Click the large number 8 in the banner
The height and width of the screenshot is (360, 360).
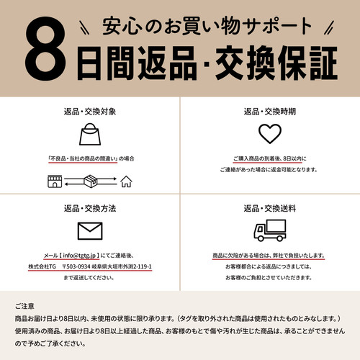point(45,48)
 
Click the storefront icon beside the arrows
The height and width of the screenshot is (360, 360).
point(55,181)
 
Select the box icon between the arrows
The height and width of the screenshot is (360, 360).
point(91,181)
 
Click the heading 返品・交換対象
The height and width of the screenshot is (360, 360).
point(90,112)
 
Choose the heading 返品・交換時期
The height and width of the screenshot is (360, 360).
point(270,112)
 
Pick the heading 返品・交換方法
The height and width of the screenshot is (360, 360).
point(90,208)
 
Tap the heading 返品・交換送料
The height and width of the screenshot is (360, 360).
point(270,208)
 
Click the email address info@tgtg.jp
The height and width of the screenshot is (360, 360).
point(79,256)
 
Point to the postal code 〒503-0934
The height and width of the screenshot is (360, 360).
point(76,266)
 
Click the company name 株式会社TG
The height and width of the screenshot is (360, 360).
point(42,266)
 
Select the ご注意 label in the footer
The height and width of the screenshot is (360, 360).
point(24,306)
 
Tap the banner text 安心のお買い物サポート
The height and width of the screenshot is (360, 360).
point(207,26)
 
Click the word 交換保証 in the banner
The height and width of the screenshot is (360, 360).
point(276,63)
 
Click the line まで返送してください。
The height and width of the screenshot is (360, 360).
point(89,278)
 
